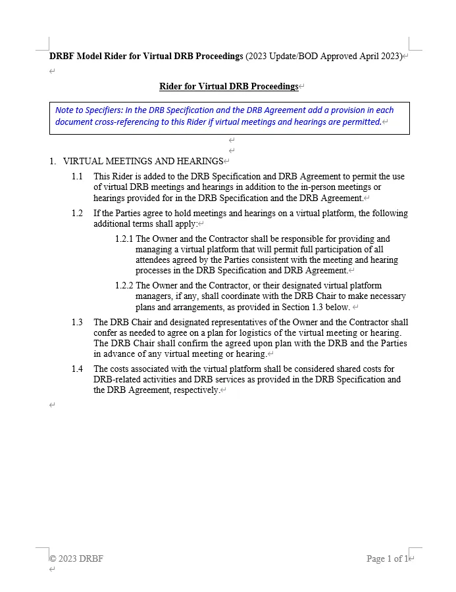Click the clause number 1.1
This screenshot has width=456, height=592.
[x=78, y=177]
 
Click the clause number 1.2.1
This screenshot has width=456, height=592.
[x=124, y=239]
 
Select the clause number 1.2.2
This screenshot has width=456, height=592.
[x=124, y=286]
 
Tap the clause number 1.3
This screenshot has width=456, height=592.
[x=78, y=323]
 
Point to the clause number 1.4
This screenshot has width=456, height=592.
[x=78, y=369]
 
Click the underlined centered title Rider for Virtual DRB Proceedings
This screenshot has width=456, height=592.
[x=228, y=87]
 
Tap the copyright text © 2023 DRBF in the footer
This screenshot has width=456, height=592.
[x=76, y=559]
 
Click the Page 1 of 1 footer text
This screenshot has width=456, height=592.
[x=387, y=559]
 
